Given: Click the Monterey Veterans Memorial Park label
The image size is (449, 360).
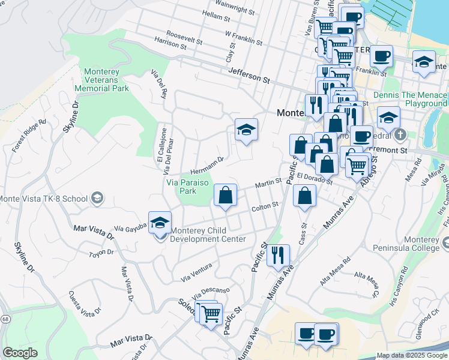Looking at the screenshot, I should click(101, 80).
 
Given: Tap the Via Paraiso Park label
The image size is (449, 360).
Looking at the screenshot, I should click(180, 187).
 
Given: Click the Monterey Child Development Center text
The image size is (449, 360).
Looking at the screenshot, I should click(208, 235).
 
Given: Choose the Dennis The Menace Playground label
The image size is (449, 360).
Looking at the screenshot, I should click(410, 100).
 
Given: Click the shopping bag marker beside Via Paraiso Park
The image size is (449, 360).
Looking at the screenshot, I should click(225, 195).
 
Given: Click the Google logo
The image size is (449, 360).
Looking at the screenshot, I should click(20, 353).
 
